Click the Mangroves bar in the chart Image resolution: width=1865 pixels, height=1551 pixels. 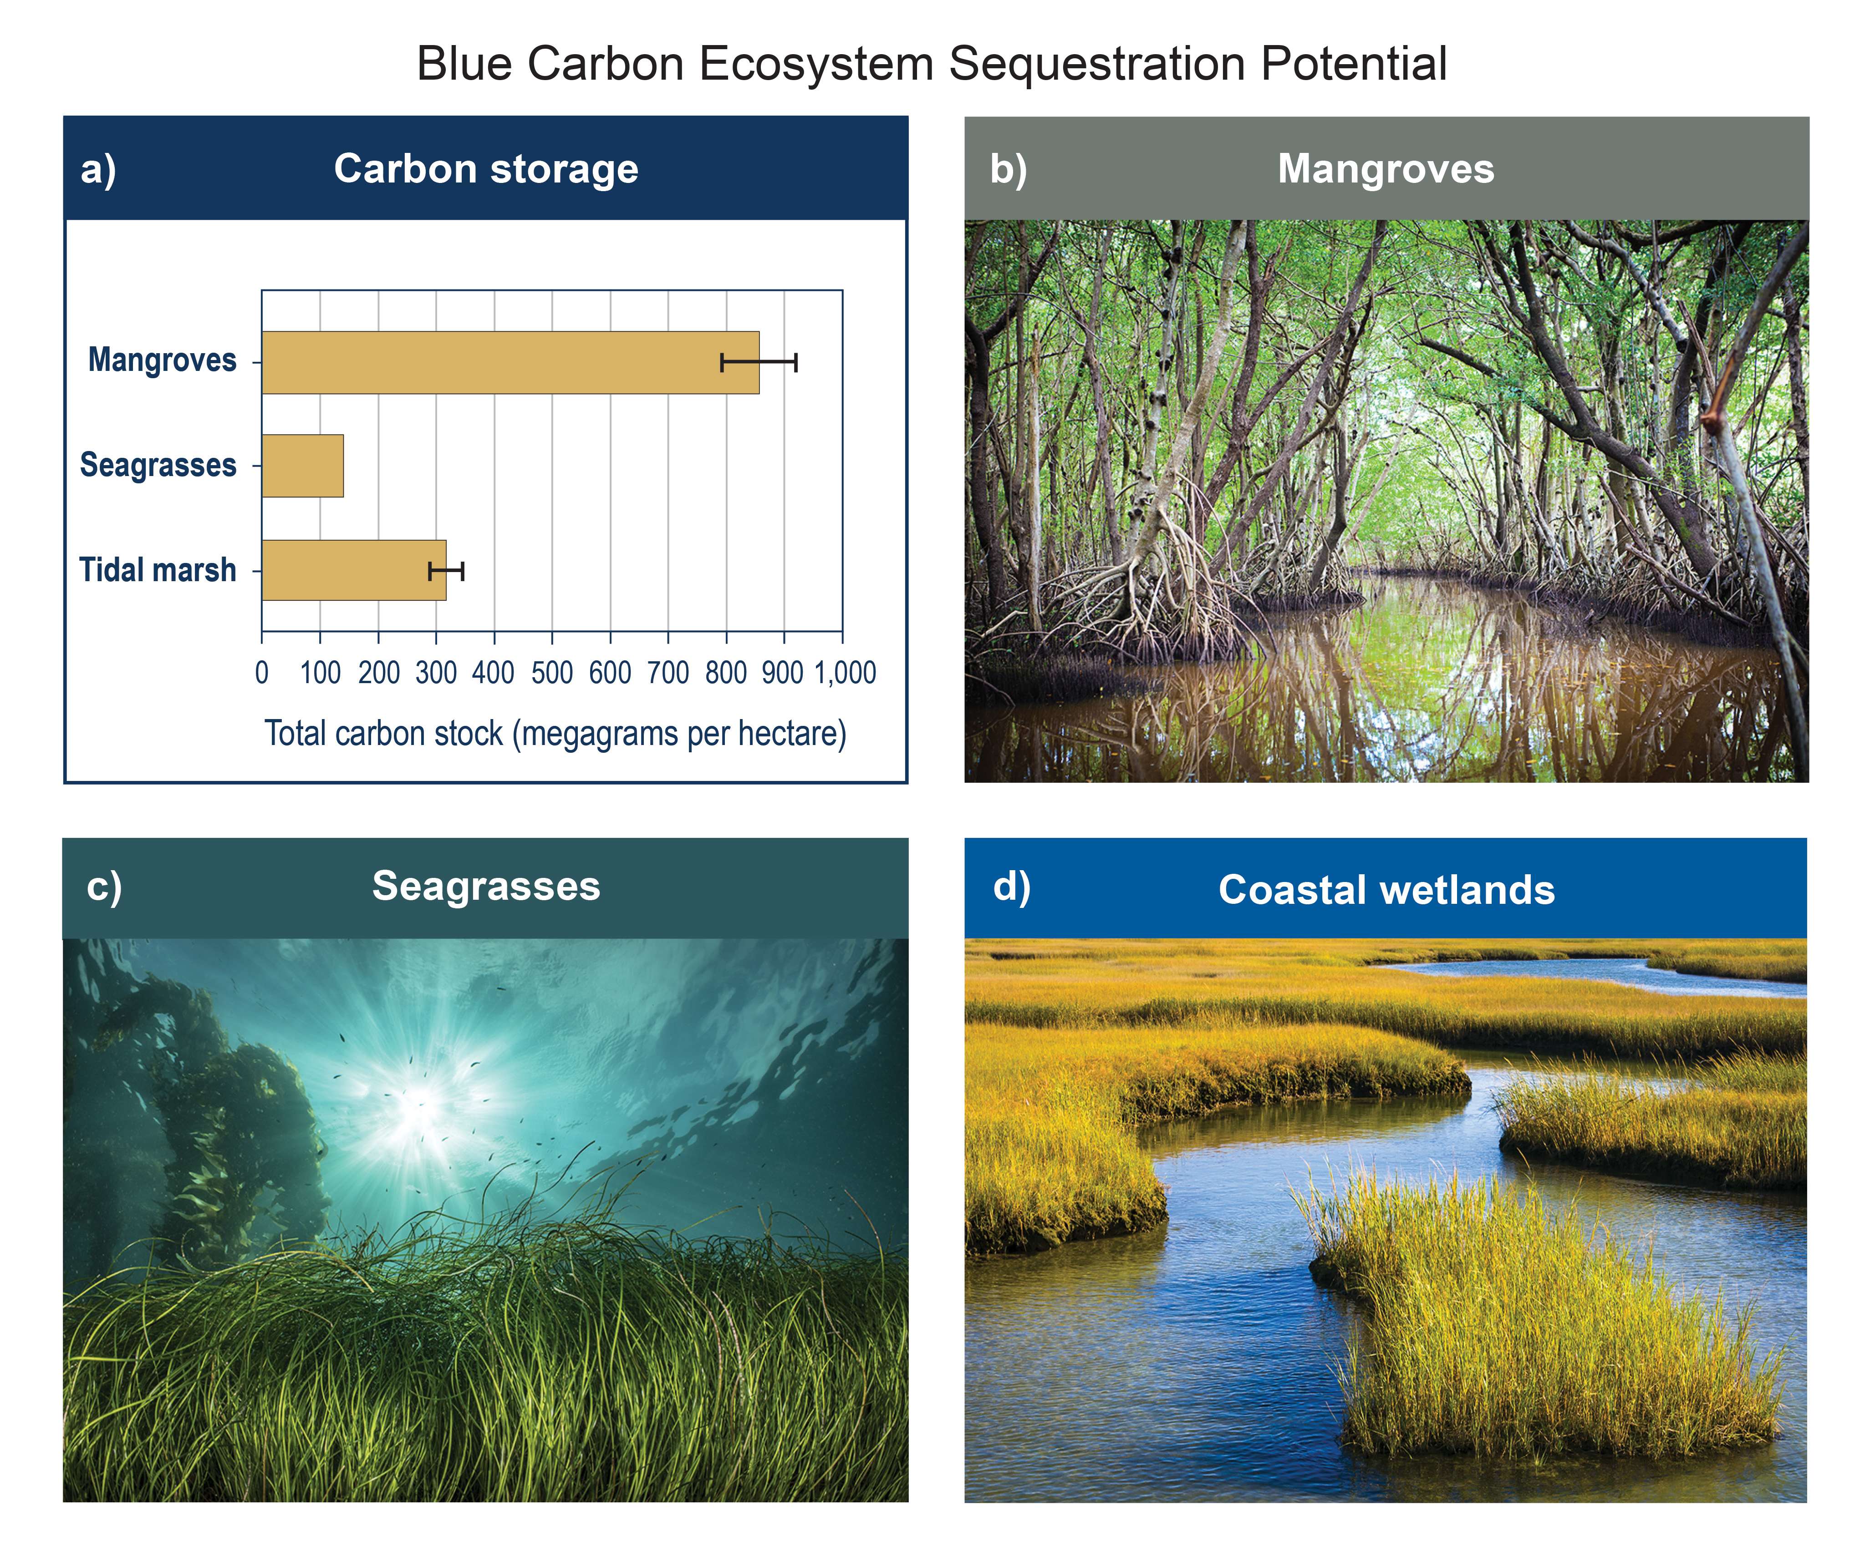click(511, 362)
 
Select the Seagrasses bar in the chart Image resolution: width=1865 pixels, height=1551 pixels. click(303, 465)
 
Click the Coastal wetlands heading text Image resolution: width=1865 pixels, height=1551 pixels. click(1386, 890)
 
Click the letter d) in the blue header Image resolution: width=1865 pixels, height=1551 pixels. click(1012, 887)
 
